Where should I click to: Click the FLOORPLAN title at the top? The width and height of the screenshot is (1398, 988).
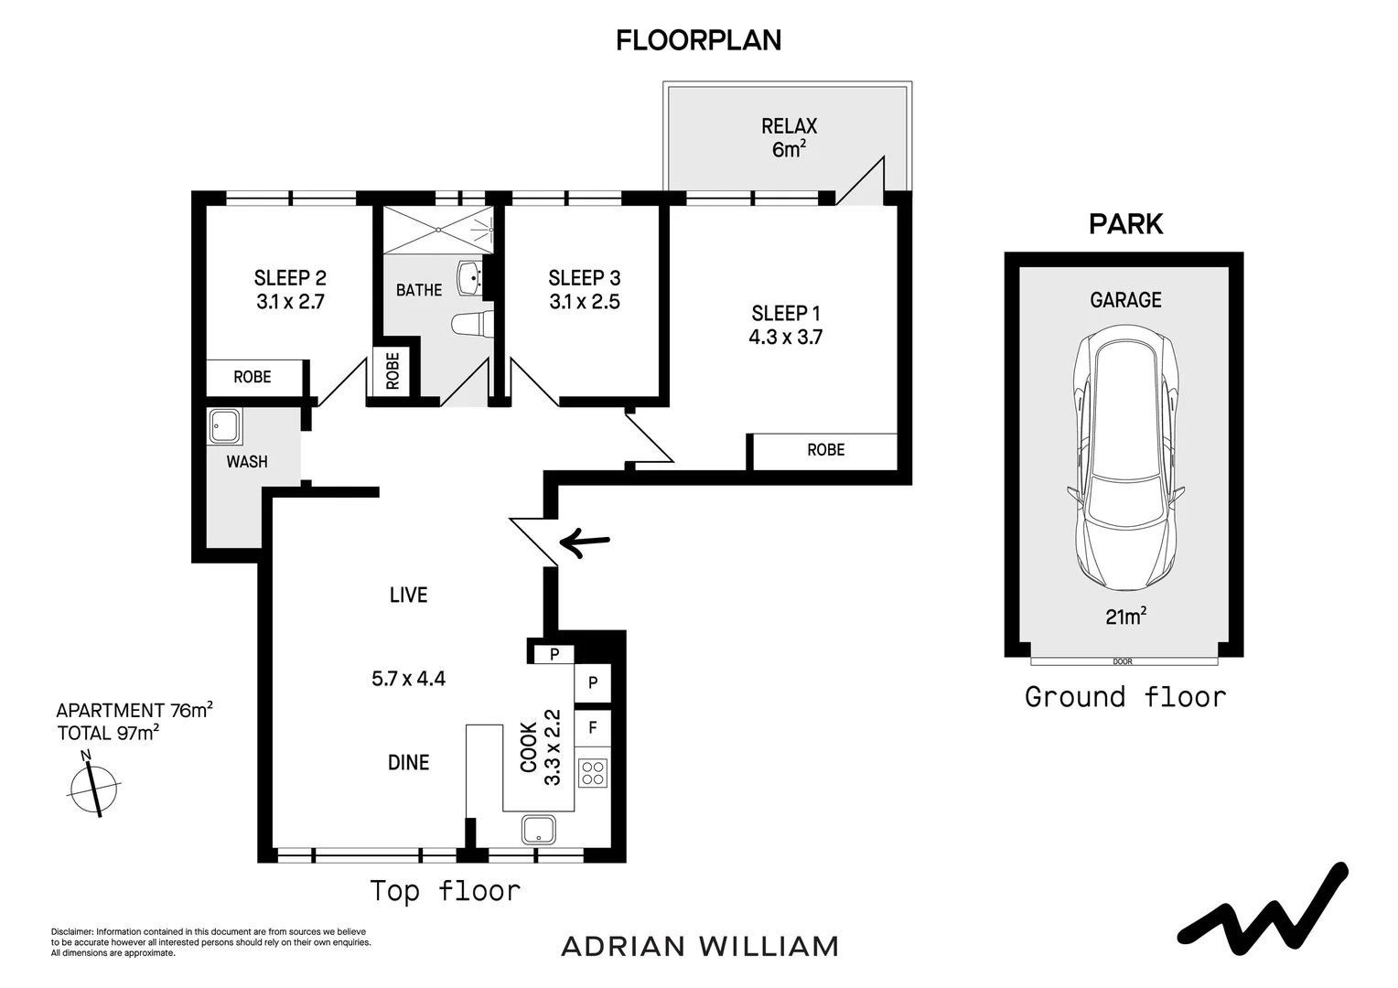click(x=698, y=40)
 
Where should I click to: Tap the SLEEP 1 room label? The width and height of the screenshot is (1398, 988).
click(x=786, y=313)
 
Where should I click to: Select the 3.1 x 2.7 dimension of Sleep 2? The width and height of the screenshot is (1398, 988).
click(x=290, y=302)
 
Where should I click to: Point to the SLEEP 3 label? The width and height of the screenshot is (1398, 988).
click(x=584, y=278)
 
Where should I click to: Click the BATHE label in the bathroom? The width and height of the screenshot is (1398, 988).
click(x=419, y=290)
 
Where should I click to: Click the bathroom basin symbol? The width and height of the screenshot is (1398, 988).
click(x=470, y=278)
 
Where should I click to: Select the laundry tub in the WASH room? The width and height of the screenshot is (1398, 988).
click(x=225, y=426)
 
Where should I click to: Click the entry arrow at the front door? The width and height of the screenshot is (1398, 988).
click(x=585, y=542)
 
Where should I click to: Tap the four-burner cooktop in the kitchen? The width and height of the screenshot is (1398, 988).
click(x=592, y=773)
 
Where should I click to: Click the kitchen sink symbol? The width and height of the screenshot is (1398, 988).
click(x=539, y=830)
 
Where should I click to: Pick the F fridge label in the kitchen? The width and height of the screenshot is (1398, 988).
click(x=593, y=727)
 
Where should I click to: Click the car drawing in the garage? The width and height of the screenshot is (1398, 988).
click(x=1125, y=457)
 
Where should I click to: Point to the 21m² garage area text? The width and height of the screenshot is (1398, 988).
click(x=1126, y=616)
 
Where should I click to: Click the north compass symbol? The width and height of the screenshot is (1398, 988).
click(x=93, y=787)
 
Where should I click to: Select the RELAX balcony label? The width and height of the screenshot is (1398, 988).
click(x=789, y=126)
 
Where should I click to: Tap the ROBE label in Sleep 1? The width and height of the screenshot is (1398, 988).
click(x=825, y=450)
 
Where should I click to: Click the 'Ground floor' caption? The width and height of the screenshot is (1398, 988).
click(x=1125, y=697)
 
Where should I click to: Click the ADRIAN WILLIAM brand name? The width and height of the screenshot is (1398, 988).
click(x=700, y=946)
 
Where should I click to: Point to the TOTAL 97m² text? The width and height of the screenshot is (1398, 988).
click(x=108, y=733)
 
